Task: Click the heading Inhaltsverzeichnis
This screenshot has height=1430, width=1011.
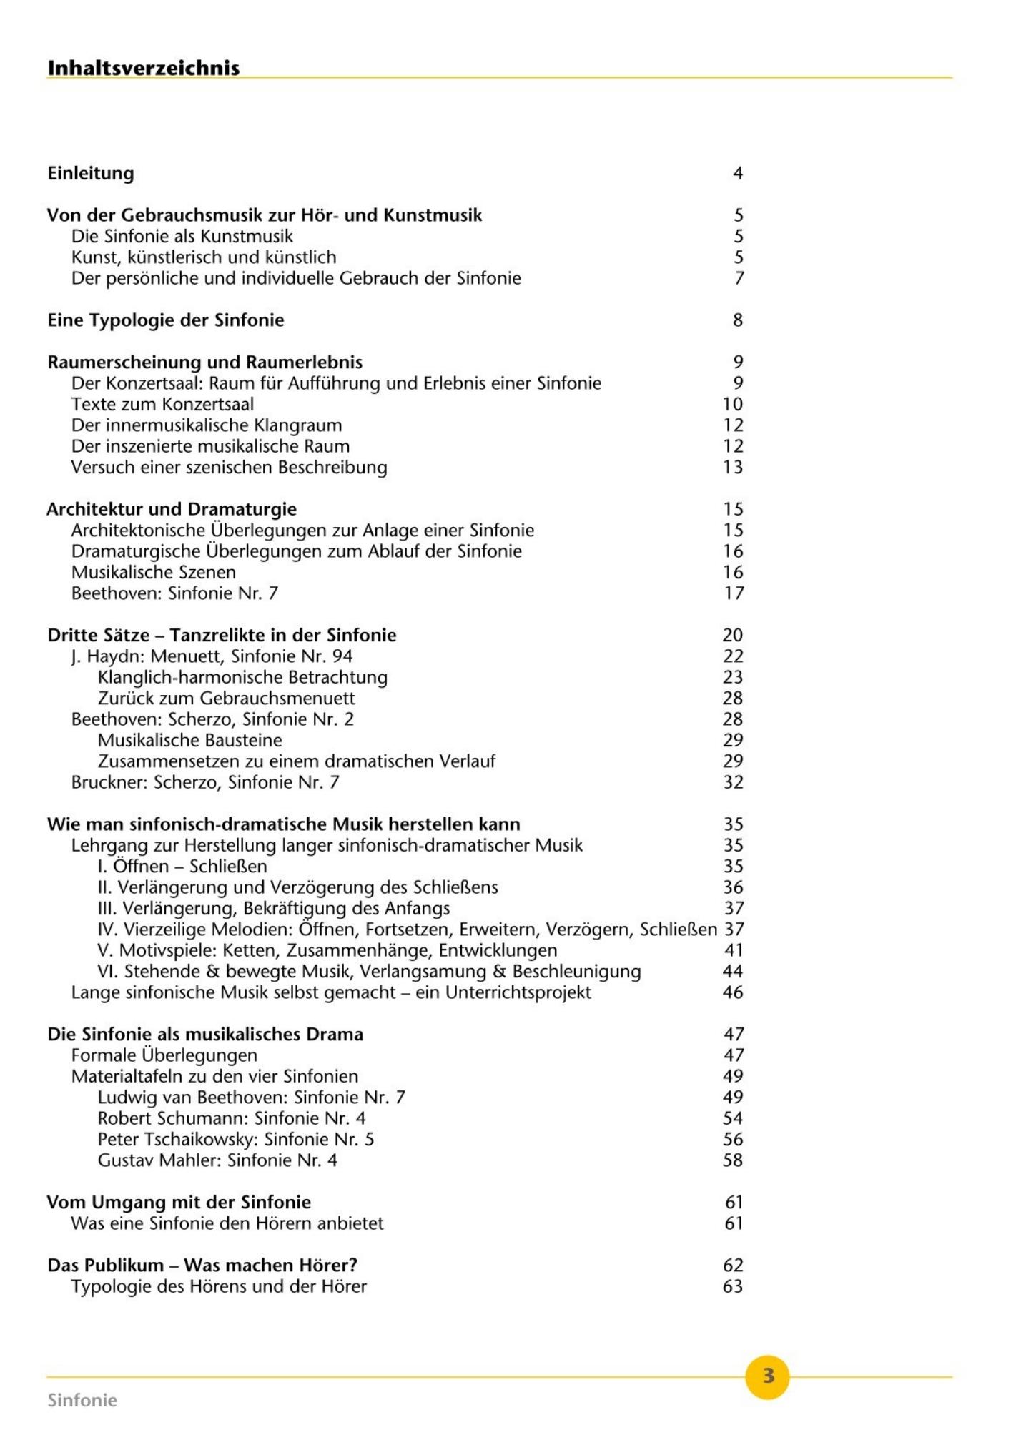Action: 143,68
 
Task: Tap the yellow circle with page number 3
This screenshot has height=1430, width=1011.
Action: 767,1376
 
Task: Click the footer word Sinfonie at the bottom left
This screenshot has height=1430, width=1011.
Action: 82,1400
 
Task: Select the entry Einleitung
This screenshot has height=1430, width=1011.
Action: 91,173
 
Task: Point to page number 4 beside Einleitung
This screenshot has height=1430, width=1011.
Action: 738,173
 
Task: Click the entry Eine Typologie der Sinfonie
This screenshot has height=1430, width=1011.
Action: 166,320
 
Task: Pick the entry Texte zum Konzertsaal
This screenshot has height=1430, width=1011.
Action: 162,404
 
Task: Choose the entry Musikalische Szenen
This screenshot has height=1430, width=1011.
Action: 153,572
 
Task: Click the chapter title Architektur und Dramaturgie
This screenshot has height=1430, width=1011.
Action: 172,509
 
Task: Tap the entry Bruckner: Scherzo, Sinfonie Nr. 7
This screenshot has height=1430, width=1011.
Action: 205,782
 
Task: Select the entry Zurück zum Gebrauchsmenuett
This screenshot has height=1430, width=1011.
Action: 227,698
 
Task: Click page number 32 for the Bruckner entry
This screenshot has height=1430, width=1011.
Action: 734,782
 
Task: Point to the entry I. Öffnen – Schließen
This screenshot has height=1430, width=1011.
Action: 182,867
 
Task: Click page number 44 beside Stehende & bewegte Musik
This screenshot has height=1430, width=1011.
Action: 734,972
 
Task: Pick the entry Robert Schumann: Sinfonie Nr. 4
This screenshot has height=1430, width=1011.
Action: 232,1118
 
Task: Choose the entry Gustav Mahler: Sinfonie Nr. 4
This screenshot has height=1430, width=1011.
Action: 217,1160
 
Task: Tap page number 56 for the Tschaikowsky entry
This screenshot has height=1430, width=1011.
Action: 734,1140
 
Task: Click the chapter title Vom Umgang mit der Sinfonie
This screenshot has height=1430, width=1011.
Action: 179,1203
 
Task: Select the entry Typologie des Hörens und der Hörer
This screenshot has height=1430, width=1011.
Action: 219,1286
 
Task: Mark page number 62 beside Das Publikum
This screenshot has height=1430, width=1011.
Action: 734,1266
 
